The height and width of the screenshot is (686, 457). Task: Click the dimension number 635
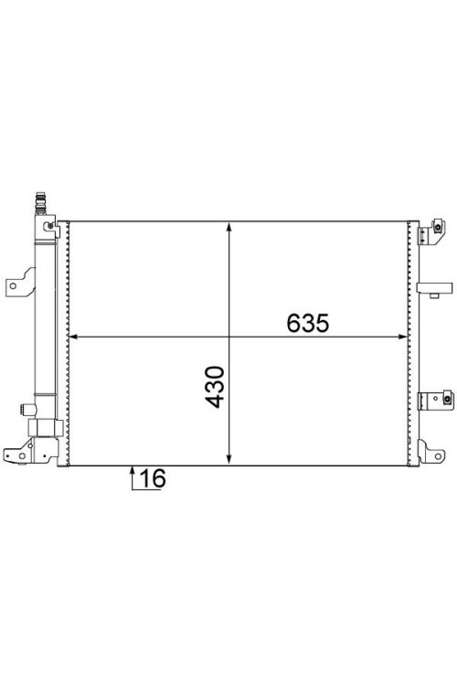(307, 324)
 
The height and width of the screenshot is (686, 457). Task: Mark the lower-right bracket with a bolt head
(432, 401)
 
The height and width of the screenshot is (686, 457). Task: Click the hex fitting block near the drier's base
(43, 428)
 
